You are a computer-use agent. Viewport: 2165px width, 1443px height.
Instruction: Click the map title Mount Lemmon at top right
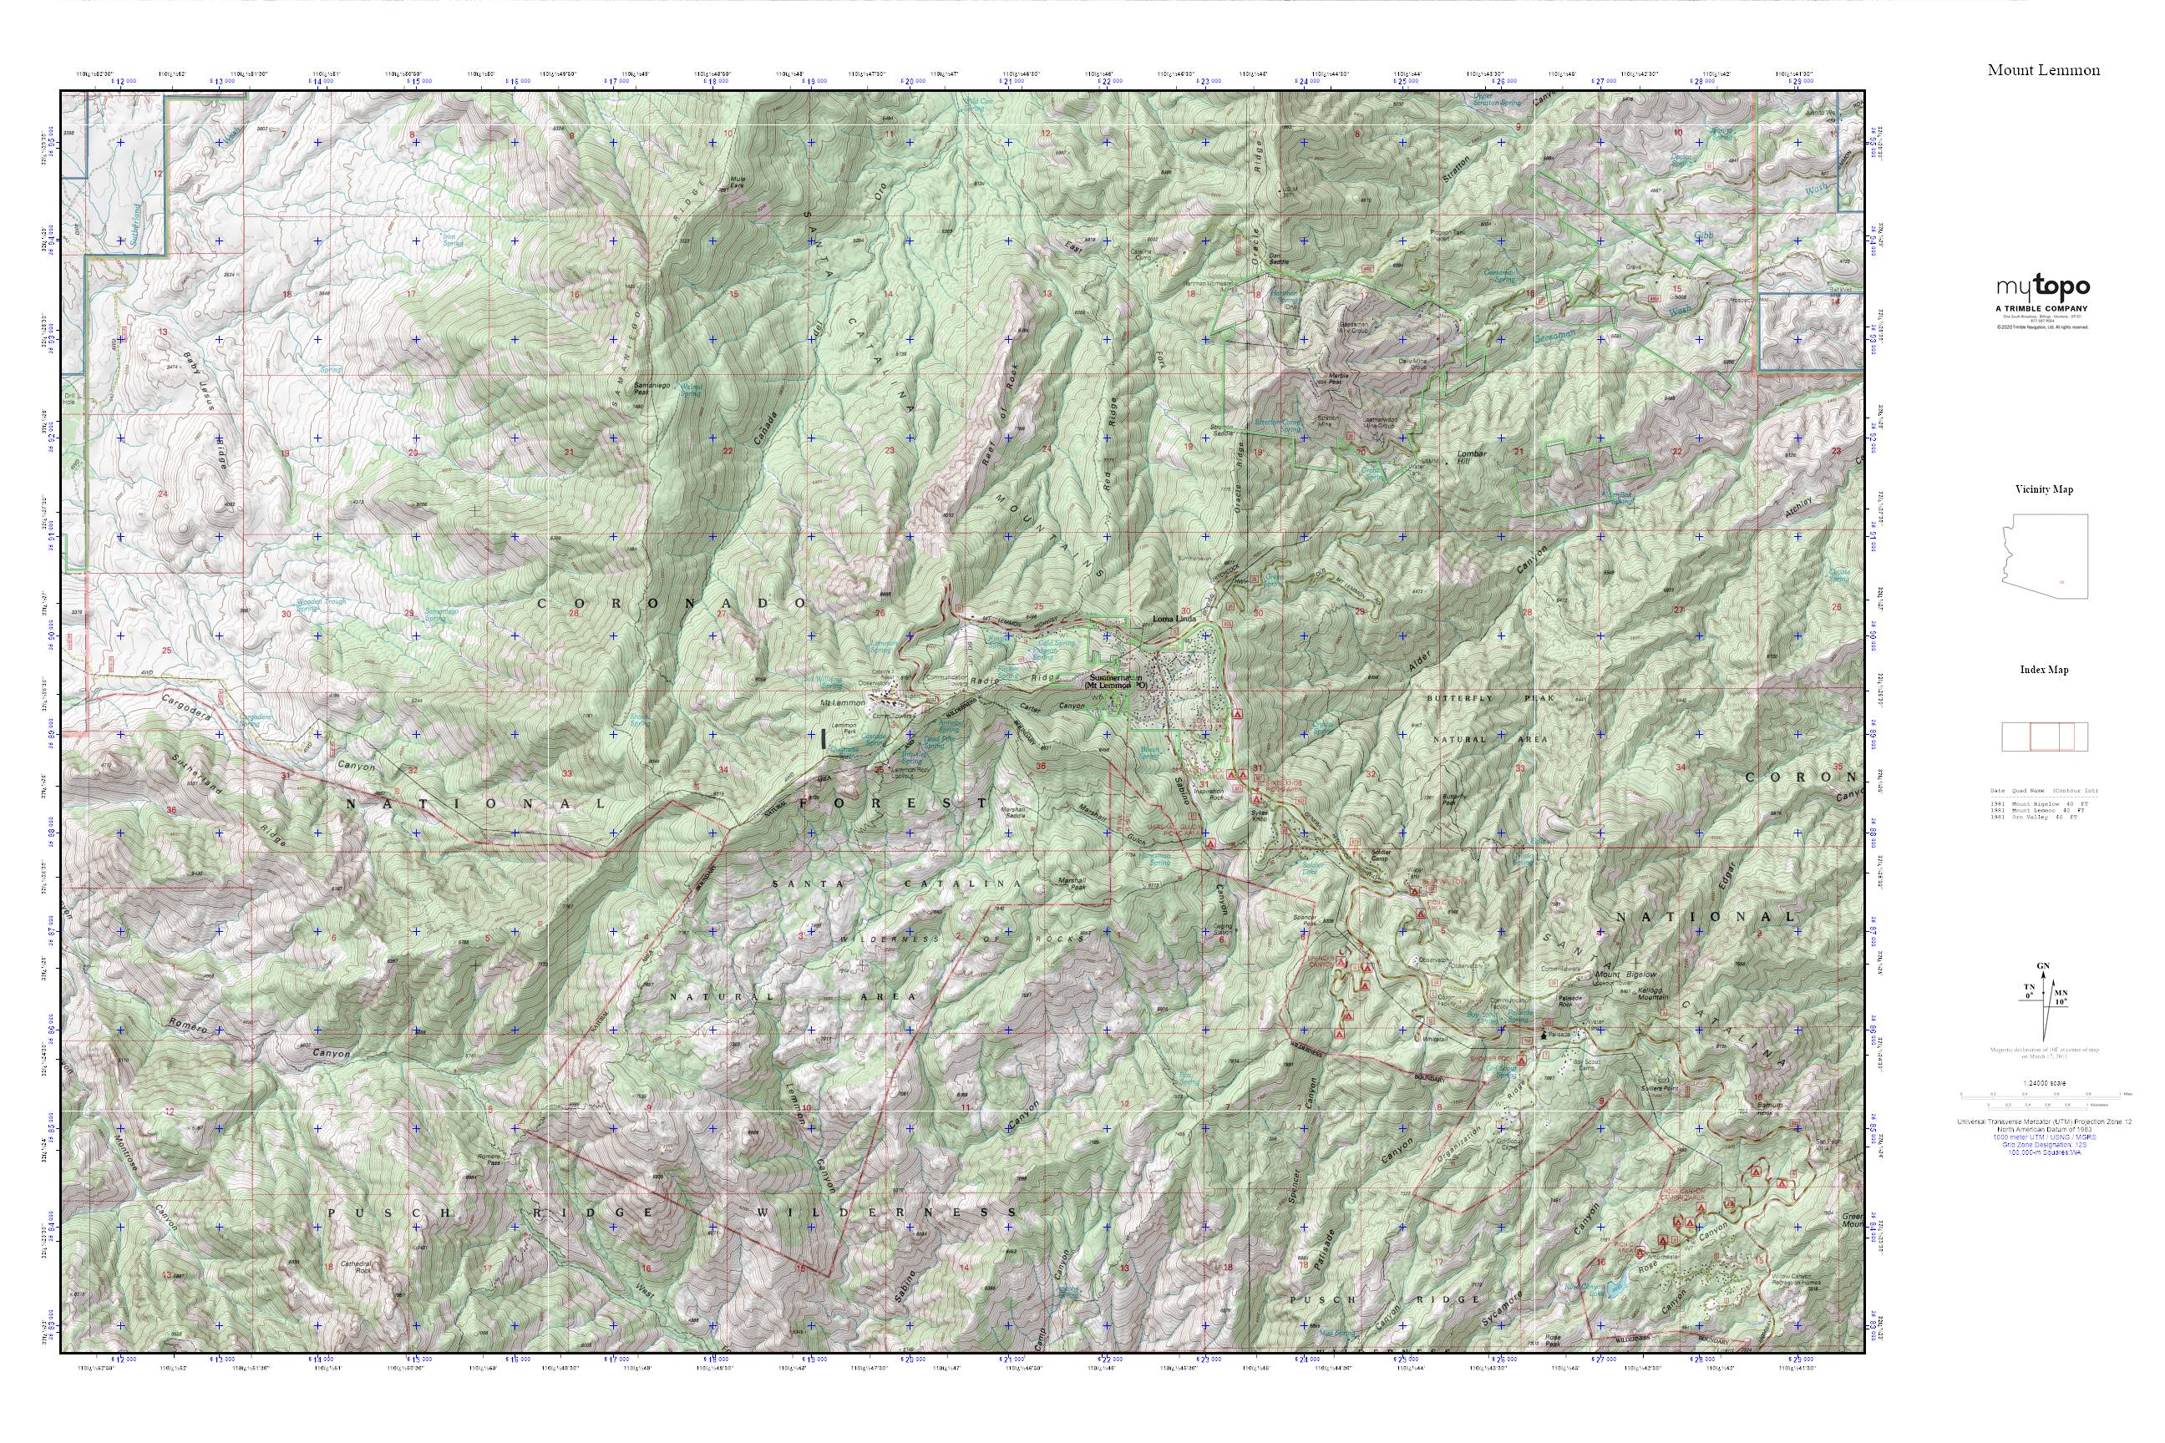(x=2042, y=70)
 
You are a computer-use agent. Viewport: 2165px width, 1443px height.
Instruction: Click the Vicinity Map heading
(x=2044, y=489)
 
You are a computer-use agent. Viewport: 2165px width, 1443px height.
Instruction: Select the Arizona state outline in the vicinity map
(x=2045, y=556)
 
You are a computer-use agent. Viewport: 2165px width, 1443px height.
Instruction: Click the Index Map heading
(x=2044, y=669)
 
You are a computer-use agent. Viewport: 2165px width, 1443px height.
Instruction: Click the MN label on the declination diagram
(x=2061, y=994)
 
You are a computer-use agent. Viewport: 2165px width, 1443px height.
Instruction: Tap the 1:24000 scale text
(x=2044, y=1083)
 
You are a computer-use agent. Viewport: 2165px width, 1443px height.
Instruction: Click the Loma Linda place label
(x=1174, y=620)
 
